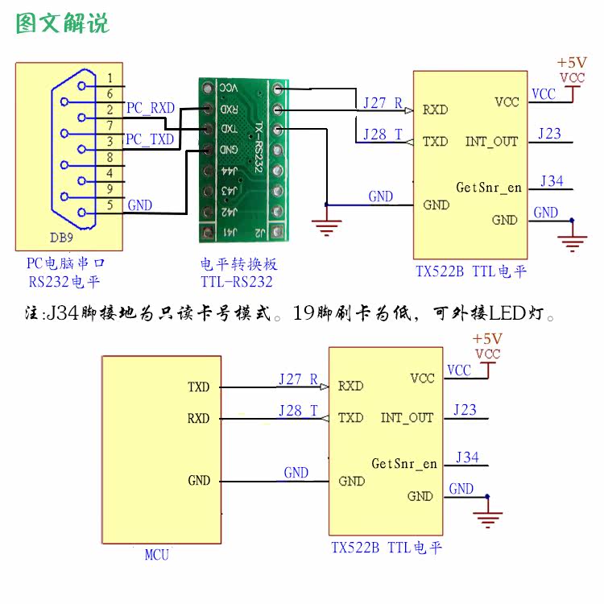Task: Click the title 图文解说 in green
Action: point(63,23)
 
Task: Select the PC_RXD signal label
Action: point(150,108)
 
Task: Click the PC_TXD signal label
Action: point(150,140)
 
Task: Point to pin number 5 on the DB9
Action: point(110,205)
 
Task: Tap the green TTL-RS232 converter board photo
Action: point(242,158)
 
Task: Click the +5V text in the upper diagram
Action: point(572,63)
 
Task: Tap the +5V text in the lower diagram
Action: point(487,339)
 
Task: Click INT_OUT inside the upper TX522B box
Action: point(491,142)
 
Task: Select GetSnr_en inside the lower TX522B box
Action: point(404,464)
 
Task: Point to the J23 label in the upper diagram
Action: point(550,134)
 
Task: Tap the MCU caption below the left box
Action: point(156,555)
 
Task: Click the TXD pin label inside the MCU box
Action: point(198,387)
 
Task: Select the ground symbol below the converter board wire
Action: point(326,227)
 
